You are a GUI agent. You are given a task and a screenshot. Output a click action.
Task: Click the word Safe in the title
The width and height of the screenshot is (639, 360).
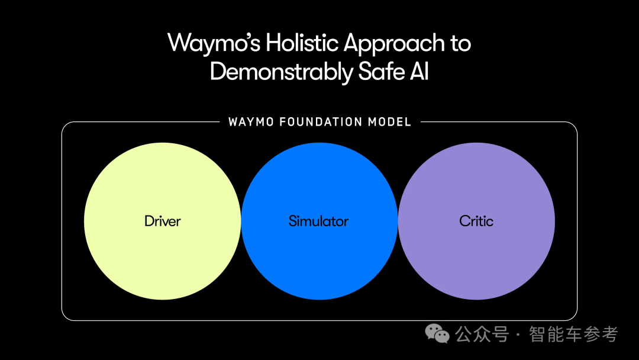click(x=377, y=72)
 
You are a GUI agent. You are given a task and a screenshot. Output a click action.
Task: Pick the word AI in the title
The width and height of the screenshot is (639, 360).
click(x=418, y=72)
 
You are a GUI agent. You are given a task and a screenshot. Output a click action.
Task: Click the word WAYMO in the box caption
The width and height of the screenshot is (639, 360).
click(x=251, y=122)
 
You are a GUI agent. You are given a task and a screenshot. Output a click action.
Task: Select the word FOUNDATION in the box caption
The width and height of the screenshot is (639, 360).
click(x=321, y=122)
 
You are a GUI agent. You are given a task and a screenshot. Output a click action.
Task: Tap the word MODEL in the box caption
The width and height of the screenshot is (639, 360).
click(x=389, y=122)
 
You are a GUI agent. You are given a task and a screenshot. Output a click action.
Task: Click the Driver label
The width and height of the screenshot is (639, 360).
click(x=162, y=221)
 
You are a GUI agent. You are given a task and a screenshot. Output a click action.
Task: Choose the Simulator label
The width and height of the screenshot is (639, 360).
click(x=318, y=221)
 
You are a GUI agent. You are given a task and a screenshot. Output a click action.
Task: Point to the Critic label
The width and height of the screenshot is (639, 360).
click(x=476, y=221)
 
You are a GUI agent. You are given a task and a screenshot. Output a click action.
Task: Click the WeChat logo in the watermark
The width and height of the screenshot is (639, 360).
click(x=438, y=334)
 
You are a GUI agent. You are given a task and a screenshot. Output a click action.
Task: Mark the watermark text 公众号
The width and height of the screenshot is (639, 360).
click(x=482, y=334)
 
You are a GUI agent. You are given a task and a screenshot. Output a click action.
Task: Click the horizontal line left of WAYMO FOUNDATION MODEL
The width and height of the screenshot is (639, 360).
click(x=142, y=123)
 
